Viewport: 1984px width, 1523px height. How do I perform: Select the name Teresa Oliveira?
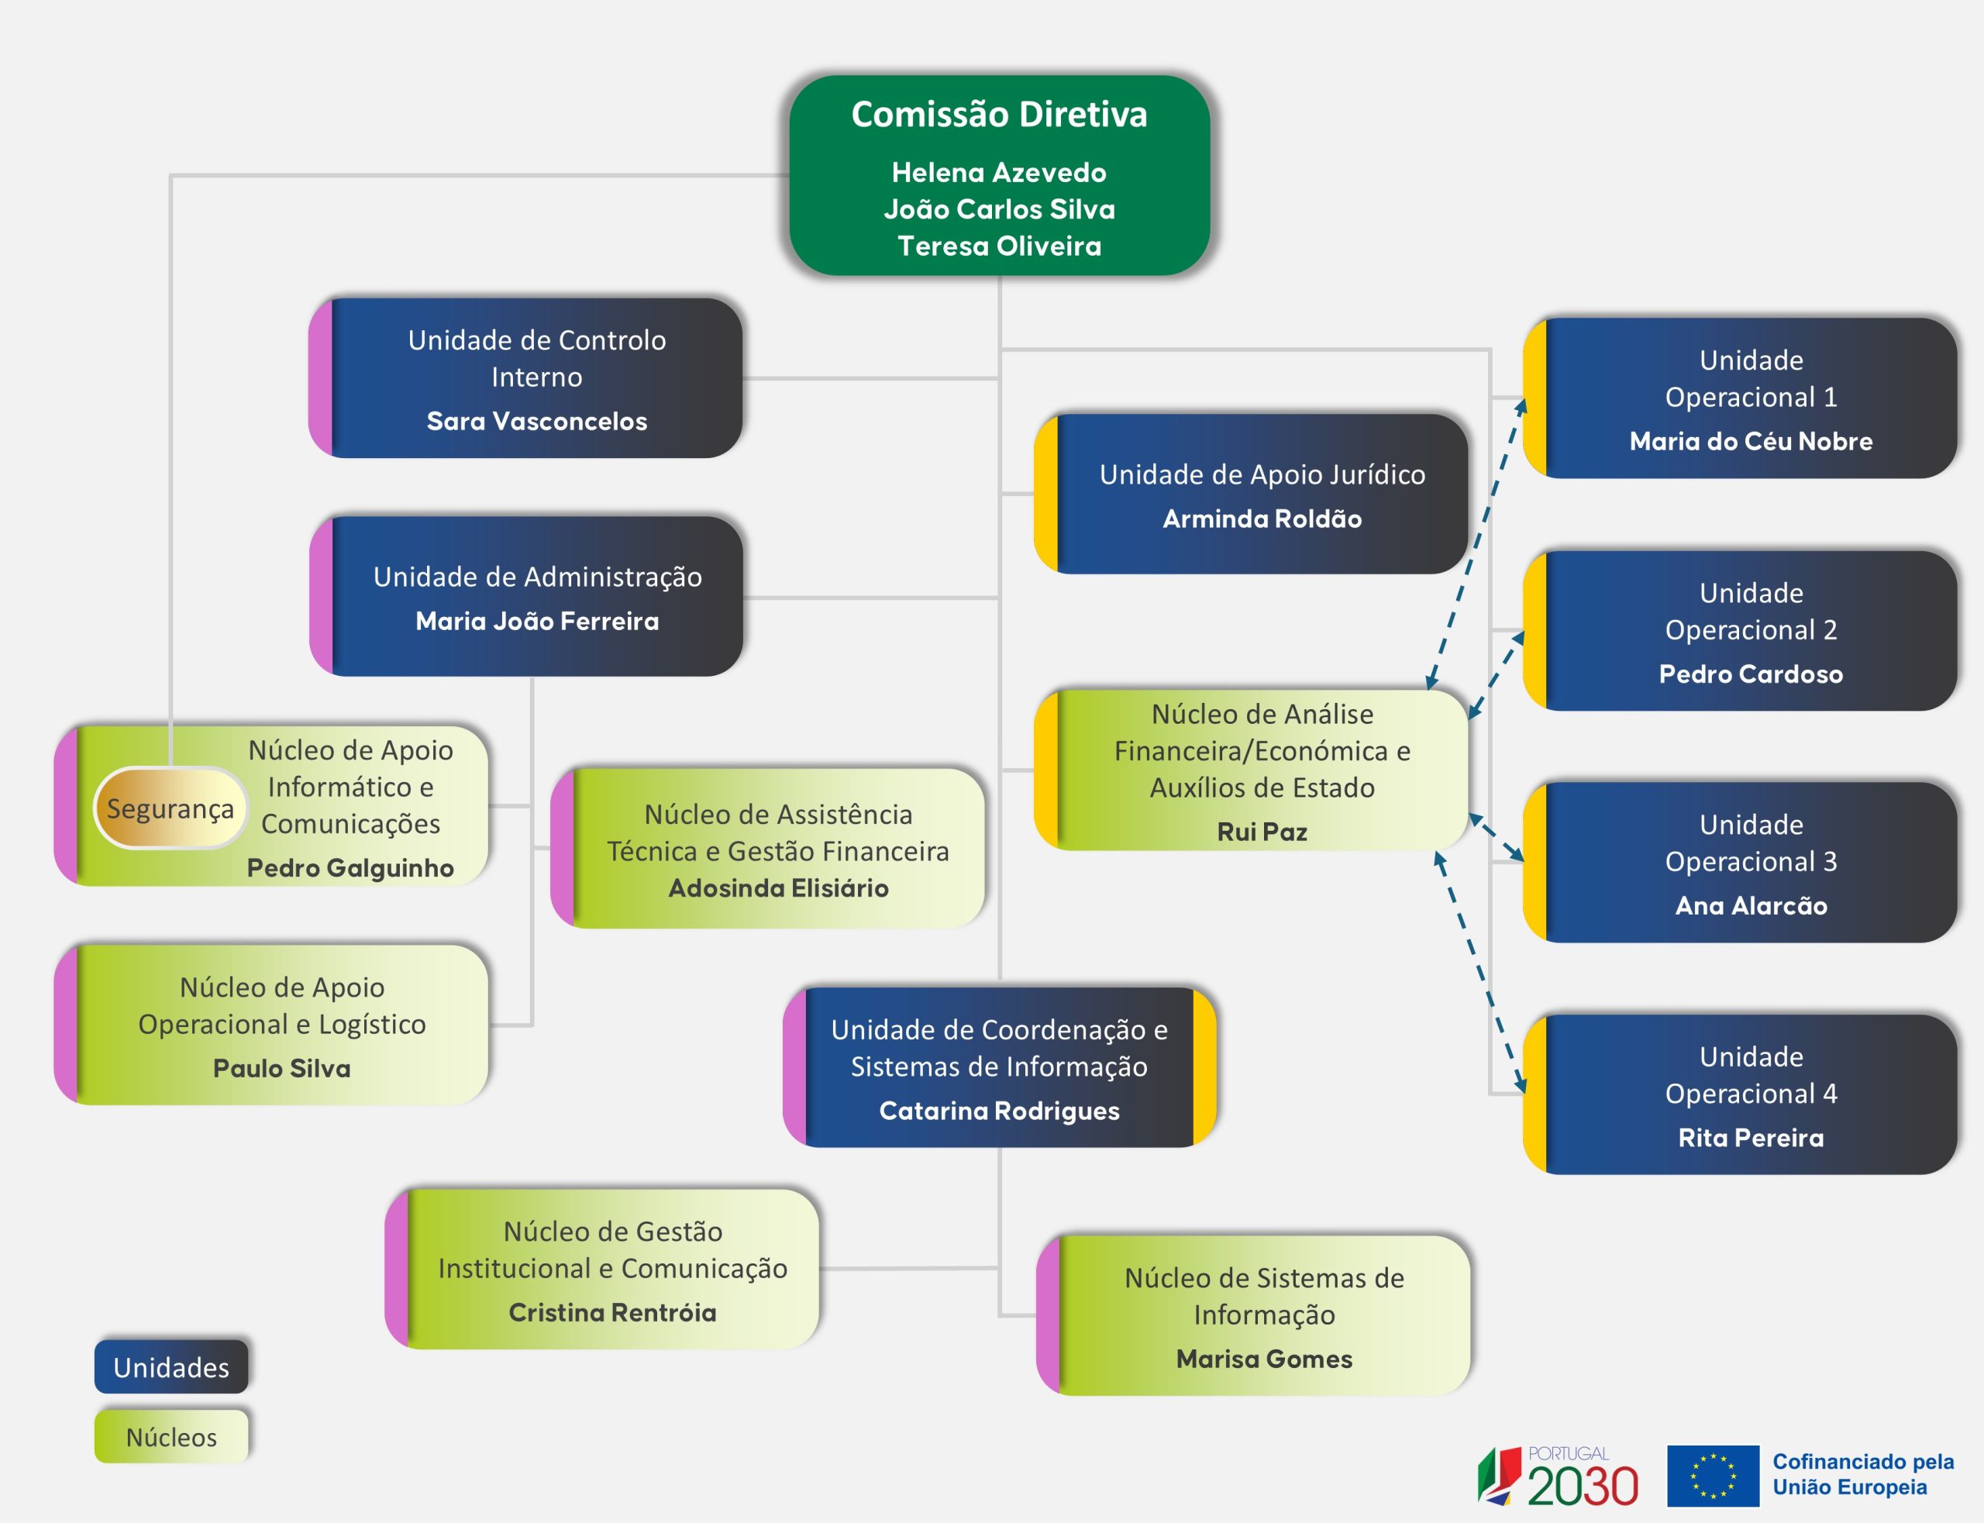point(999,246)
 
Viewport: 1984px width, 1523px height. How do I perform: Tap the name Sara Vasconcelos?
point(536,421)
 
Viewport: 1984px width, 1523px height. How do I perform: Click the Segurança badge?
point(170,808)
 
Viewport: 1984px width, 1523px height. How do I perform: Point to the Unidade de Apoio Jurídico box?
point(1251,494)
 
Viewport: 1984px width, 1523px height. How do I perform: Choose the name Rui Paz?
point(1262,832)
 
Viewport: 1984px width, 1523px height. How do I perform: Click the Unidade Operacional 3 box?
point(1740,862)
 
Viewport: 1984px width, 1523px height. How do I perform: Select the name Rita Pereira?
point(1750,1138)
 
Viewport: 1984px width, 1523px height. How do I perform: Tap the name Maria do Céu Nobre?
point(1750,442)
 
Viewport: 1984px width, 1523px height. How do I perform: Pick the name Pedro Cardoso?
point(1750,674)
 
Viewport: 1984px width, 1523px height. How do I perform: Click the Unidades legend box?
point(171,1366)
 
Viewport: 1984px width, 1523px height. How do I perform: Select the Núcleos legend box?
point(171,1437)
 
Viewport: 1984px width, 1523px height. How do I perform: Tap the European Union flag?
point(1712,1476)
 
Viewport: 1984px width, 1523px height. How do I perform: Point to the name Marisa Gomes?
point(1263,1359)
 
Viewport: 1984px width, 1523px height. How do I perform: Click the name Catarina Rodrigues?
point(999,1111)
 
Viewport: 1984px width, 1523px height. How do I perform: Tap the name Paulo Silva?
point(281,1068)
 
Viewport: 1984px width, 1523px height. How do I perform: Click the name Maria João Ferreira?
point(536,621)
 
